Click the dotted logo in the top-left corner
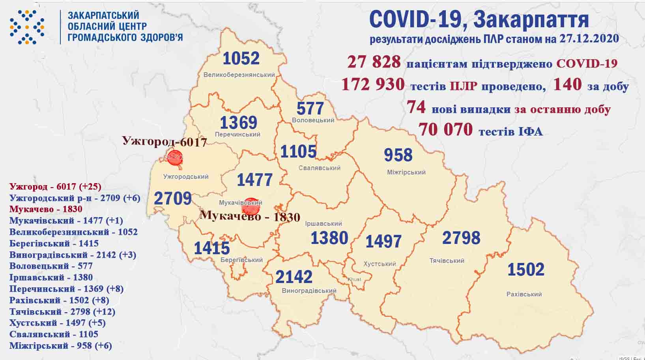coord(26,26)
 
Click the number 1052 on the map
coord(241,58)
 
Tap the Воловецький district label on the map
coord(313,120)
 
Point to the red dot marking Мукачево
coord(251,206)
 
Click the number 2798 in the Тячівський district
coord(461,238)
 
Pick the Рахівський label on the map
coord(524,294)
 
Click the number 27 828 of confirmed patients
coord(374,62)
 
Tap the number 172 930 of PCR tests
coord(373,84)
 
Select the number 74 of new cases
coord(416,107)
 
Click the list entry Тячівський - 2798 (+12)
coord(62,312)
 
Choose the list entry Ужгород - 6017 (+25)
coord(55,186)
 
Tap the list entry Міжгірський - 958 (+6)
coord(60,346)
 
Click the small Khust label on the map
coord(354,279)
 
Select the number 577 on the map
coord(310,108)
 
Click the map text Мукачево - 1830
coord(250,216)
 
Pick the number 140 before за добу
coord(567,84)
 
